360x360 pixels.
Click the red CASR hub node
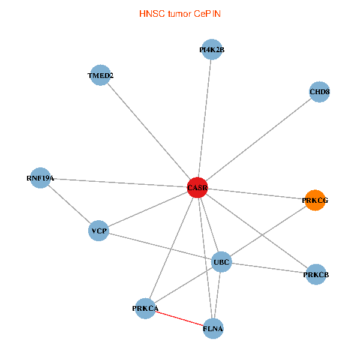click(x=197, y=188)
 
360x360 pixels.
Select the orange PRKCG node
click(x=315, y=200)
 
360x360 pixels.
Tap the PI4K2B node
click(x=212, y=50)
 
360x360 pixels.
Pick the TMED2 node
click(x=100, y=76)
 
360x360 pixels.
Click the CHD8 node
click(x=320, y=92)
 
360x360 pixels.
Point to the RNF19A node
click(x=40, y=178)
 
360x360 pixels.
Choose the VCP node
click(x=98, y=231)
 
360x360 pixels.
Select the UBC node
click(x=221, y=262)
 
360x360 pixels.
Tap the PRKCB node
click(x=316, y=275)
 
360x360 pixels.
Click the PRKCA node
click(x=145, y=308)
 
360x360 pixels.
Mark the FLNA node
click(x=214, y=329)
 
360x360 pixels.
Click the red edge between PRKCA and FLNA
click(x=179, y=319)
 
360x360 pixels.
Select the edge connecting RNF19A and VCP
click(x=69, y=205)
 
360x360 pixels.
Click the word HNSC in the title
click(x=149, y=13)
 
